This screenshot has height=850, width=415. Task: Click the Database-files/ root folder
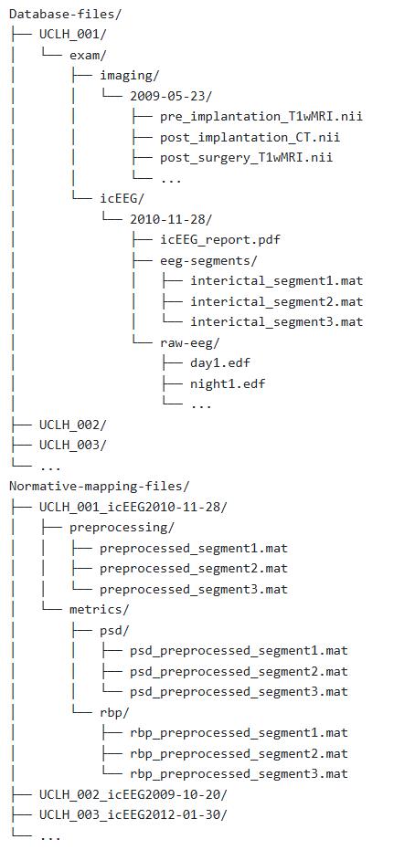coord(66,14)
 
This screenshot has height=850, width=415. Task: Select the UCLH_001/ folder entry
coord(73,35)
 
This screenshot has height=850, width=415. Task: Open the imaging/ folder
coord(129,76)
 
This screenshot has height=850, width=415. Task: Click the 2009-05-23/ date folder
coord(172,97)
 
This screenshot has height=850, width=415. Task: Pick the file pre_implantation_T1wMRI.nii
coord(261,117)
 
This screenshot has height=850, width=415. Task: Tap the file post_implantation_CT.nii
coord(250,138)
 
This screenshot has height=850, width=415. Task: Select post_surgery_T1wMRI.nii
coord(246,158)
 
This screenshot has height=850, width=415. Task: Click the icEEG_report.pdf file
coord(220,239)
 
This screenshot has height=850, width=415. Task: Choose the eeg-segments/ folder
coord(208,260)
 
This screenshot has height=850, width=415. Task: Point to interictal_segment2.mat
coord(277,301)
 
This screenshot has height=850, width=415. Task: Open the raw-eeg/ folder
coord(190,342)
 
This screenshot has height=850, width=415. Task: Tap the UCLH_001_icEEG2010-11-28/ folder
coord(133,507)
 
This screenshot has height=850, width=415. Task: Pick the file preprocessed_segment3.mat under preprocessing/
coord(194,589)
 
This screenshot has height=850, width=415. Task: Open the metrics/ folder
coord(100,609)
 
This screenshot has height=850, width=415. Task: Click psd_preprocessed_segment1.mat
coord(239,650)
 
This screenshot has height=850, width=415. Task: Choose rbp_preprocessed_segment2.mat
coord(239,753)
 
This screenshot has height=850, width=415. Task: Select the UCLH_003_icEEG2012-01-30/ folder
coord(133,814)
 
